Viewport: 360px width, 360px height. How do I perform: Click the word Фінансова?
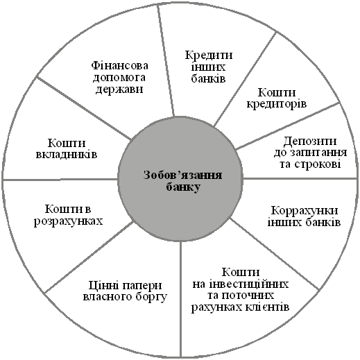pos(119,66)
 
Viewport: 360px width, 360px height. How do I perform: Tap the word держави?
pos(119,89)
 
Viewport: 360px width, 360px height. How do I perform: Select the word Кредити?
pos(209,55)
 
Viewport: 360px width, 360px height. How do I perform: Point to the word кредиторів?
pos(277,103)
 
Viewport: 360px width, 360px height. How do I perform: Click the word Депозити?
pos(310,141)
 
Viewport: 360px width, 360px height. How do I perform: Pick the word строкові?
pos(318,164)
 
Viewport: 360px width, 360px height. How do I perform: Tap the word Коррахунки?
pos(305,211)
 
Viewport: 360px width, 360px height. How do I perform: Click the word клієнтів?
pos(266,307)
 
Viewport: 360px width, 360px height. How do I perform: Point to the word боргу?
pos(151,297)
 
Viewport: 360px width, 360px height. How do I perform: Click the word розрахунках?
pos(68,221)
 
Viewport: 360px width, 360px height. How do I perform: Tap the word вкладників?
pos(67,155)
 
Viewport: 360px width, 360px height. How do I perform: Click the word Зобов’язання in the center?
pos(182,175)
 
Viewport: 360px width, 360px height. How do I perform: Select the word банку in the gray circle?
pos(183,187)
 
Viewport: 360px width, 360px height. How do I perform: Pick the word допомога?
pos(119,78)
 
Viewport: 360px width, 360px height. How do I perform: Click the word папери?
pos(142,286)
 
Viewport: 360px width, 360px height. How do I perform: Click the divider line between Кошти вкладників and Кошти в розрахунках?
pos(60,180)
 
